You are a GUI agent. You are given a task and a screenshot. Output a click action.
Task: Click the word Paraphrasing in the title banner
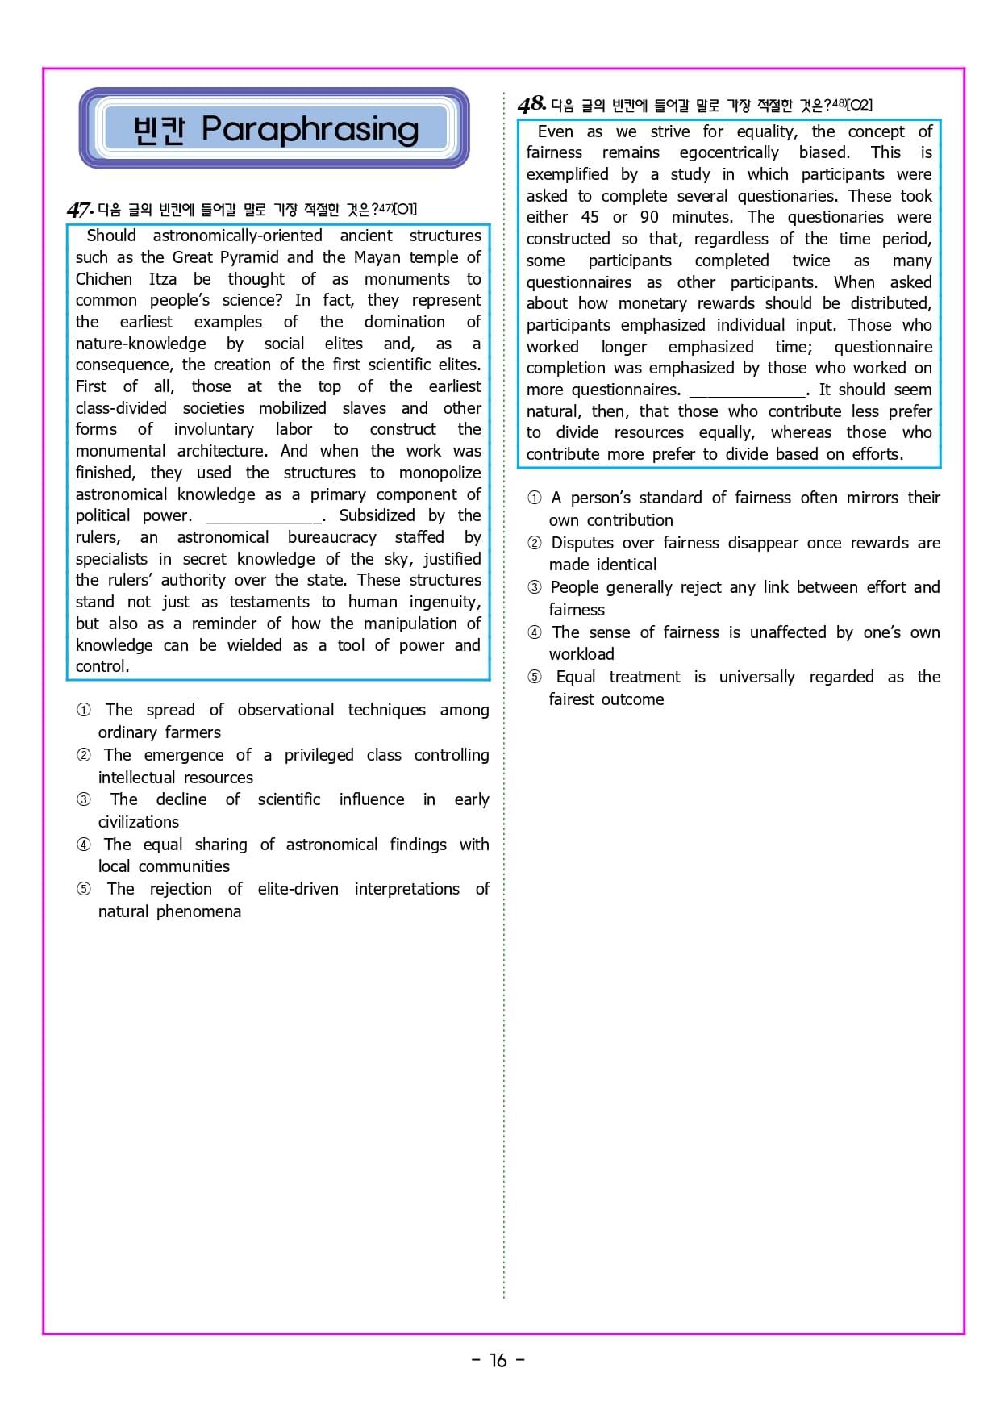pos(310,129)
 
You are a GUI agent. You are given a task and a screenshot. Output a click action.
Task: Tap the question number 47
pos(80,210)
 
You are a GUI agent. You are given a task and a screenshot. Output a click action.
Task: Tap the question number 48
pos(531,104)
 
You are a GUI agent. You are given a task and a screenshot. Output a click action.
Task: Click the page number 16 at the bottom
pos(498,1360)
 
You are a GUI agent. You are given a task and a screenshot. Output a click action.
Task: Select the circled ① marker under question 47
pos(84,710)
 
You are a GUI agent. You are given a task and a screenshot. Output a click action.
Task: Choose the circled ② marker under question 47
pos(84,755)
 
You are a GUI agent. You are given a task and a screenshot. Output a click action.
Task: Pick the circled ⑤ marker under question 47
pos(84,889)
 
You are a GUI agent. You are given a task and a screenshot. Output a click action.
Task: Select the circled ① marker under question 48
pos(535,498)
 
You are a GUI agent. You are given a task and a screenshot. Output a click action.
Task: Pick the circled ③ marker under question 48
pos(535,587)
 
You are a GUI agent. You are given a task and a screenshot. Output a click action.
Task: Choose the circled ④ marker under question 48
pos(535,632)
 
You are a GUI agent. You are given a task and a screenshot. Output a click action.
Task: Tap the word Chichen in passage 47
pos(104,279)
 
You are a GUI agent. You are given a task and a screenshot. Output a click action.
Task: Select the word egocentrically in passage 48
pos(729,152)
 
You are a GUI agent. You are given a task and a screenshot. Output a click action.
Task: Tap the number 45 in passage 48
pos(590,217)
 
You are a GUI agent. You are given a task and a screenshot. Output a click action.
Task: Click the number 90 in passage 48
pos(649,217)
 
